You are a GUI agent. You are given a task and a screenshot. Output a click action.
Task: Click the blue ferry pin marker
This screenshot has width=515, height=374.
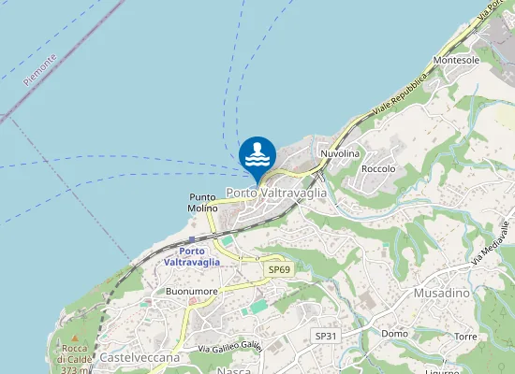(x=257, y=155)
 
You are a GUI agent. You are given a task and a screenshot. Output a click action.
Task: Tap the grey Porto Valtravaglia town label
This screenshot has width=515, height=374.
(x=276, y=193)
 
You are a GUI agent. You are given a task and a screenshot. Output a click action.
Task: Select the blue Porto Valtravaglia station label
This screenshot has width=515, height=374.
(x=192, y=256)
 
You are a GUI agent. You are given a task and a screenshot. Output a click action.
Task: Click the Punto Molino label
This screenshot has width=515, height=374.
(x=203, y=202)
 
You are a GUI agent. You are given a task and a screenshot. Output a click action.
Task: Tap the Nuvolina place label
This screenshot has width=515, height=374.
(x=339, y=152)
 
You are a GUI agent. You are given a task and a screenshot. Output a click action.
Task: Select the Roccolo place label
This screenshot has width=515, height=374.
(x=378, y=169)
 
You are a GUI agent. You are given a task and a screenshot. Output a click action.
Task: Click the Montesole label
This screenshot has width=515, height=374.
(x=456, y=60)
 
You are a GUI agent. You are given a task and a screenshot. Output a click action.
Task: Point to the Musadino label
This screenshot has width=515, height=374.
(x=441, y=293)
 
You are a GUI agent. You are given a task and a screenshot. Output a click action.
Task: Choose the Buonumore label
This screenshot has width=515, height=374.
(x=191, y=292)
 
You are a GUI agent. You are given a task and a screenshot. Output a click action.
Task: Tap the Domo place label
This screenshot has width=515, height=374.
(x=394, y=334)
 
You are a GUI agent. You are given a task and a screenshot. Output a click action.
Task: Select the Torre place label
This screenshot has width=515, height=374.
(x=464, y=337)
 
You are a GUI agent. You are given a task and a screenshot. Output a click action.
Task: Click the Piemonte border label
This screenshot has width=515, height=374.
(x=40, y=70)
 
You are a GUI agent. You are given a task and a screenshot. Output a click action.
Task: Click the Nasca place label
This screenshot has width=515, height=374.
(x=233, y=370)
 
